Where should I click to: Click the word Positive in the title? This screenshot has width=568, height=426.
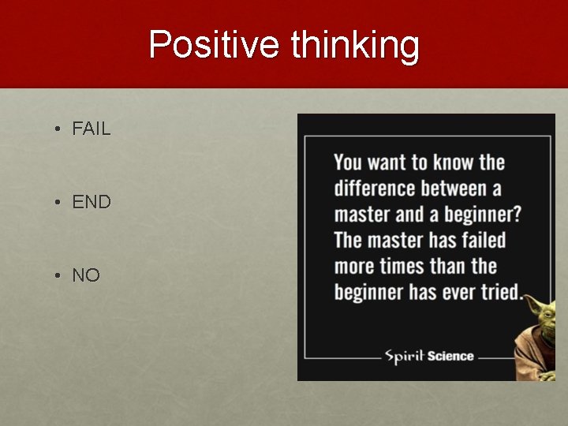214,44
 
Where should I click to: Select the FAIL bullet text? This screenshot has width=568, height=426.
92,129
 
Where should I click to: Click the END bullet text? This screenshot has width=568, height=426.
92,202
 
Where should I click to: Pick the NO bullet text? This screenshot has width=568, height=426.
86,275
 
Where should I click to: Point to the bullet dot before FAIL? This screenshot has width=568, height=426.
58,129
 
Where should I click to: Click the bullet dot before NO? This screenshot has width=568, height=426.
58,275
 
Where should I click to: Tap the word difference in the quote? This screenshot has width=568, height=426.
375,189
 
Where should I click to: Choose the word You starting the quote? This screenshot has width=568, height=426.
348,163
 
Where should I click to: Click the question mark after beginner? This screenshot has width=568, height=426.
516,215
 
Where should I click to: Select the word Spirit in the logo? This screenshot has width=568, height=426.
404,355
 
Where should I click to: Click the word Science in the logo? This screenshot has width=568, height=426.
450,356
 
